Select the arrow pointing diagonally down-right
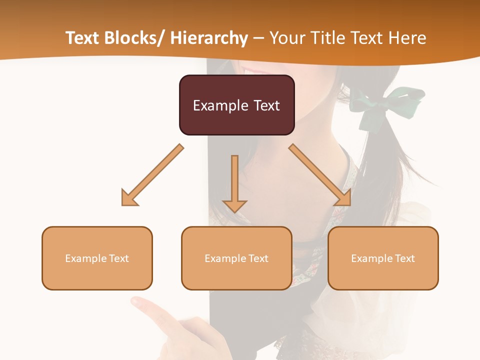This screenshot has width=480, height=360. (320, 175)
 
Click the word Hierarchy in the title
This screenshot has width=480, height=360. (209, 38)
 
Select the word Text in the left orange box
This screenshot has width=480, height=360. (119, 258)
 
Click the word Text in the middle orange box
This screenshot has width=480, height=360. (258, 258)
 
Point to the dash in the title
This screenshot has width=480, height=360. (258, 38)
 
